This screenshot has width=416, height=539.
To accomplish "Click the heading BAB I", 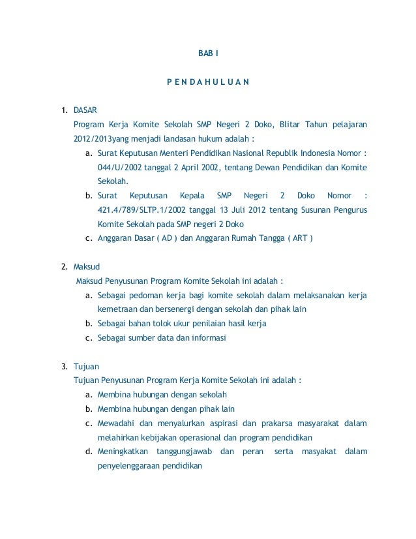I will point(209,52).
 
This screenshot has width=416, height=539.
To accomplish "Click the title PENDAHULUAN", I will point(207,83).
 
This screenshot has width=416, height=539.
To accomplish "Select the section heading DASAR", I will point(85,110).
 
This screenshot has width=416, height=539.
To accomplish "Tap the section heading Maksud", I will point(85,266).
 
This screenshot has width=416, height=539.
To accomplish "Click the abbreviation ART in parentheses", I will point(299,239).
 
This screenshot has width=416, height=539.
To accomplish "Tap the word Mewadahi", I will point(115,423).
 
